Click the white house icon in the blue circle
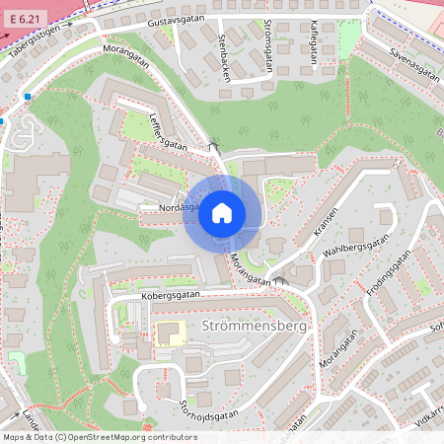(222, 213)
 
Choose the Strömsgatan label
(268, 41)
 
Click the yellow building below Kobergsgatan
(169, 333)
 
